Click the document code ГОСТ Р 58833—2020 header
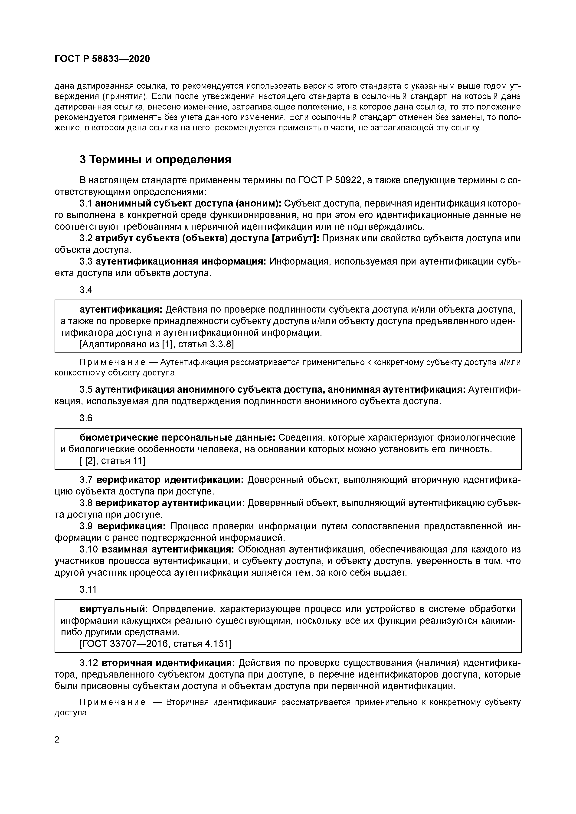coord(102,59)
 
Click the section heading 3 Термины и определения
coord(155,160)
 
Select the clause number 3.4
coord(86,290)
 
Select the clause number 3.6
coord(86,418)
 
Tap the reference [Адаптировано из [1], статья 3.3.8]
coord(157,344)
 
